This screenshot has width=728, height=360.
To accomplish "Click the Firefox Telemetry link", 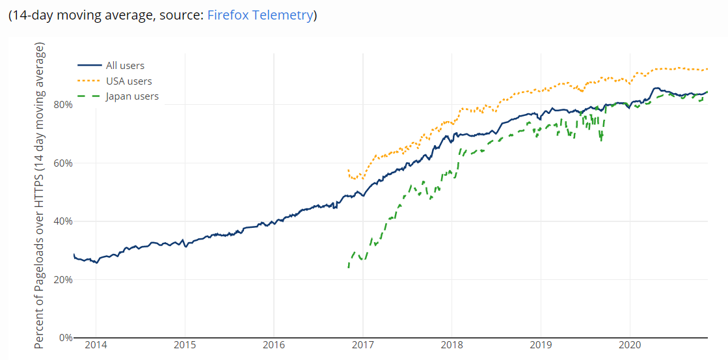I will tap(260, 15).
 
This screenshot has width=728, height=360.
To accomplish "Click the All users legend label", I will tap(125, 65).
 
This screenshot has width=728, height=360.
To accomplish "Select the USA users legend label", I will tap(129, 81).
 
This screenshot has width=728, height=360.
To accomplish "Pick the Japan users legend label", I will tap(132, 96).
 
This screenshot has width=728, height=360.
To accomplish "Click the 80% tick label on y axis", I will tap(62, 104).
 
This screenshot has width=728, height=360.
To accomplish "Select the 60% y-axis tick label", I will tap(62, 163).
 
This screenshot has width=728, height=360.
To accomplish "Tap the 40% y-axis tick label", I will tap(62, 221).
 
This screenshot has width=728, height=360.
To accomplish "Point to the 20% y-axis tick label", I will tap(62, 280).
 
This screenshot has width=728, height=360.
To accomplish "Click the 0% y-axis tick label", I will tap(64, 338).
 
